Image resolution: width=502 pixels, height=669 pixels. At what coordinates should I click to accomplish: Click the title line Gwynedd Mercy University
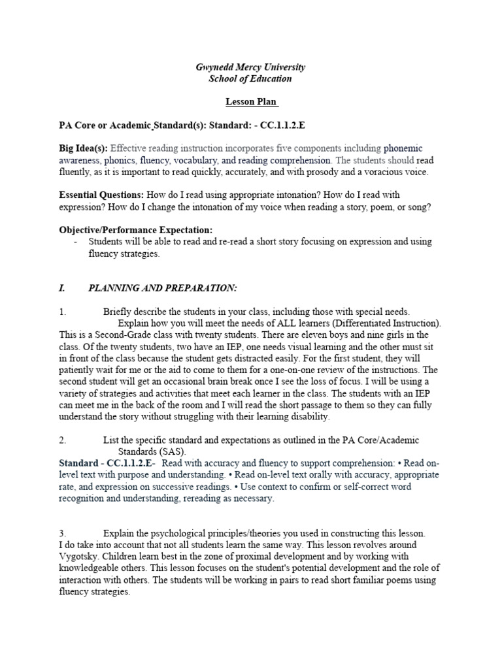tap(251, 67)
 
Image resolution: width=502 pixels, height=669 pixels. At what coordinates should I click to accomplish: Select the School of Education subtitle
tap(250, 78)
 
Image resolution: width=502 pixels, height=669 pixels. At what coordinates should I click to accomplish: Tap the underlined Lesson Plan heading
tap(252, 103)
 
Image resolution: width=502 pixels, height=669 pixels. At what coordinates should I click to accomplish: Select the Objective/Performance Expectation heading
tap(136, 229)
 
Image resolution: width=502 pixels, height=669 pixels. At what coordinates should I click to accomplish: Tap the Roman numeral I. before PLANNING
tap(62, 288)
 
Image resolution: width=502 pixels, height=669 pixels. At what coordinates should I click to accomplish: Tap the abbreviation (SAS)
tap(172, 451)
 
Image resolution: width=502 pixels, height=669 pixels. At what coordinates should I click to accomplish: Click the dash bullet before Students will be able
tap(76, 242)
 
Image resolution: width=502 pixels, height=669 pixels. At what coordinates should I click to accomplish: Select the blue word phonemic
tap(404, 148)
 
